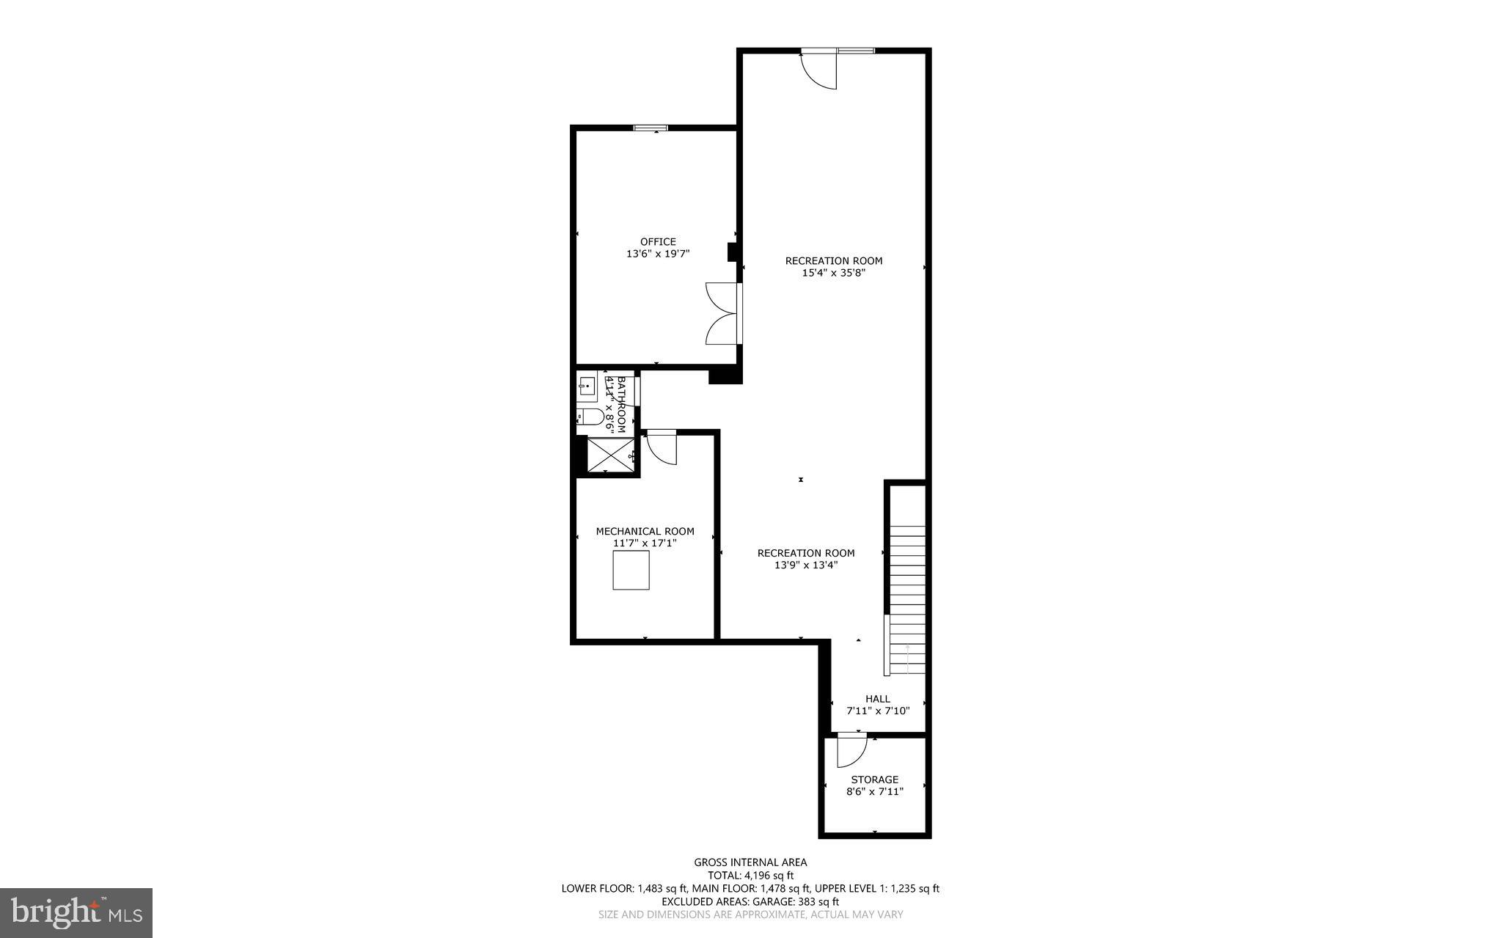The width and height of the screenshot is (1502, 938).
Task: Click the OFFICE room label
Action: pyautogui.click(x=658, y=241)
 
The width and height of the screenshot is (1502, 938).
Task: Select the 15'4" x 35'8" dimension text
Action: pyautogui.click(x=834, y=273)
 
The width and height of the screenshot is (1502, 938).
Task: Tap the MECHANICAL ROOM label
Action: pyautogui.click(x=645, y=531)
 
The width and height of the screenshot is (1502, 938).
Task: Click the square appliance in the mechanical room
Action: pyautogui.click(x=631, y=570)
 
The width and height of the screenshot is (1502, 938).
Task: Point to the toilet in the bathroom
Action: pyautogui.click(x=590, y=417)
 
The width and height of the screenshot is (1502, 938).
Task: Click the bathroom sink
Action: pyautogui.click(x=586, y=386)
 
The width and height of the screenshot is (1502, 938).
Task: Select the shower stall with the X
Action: pyautogui.click(x=610, y=455)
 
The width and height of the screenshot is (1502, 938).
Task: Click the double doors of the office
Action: pyautogui.click(x=722, y=313)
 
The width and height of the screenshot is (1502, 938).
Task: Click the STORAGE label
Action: pyautogui.click(x=874, y=780)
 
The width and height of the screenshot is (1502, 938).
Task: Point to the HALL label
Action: pyautogui.click(x=877, y=699)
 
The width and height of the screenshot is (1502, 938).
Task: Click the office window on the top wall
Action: pyautogui.click(x=651, y=128)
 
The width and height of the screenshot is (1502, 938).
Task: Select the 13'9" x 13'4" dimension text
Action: pyautogui.click(x=806, y=565)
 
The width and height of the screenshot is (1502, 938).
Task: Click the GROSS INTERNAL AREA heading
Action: pyautogui.click(x=750, y=862)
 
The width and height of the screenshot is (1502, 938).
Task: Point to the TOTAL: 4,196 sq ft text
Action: pyautogui.click(x=750, y=875)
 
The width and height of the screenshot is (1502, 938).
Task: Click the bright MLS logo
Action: pyautogui.click(x=76, y=912)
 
